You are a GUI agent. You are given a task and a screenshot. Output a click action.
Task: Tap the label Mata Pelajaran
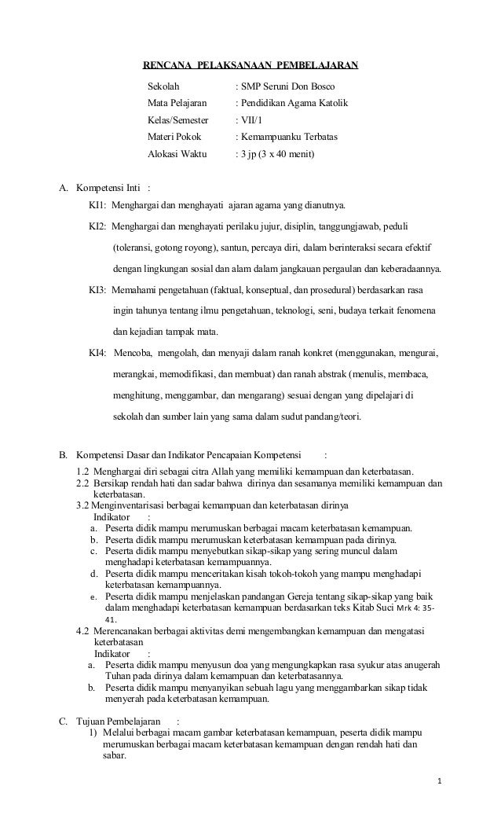(x=177, y=103)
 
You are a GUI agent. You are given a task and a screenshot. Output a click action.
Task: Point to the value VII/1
(x=253, y=120)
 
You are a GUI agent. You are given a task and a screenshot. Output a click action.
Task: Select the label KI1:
(x=97, y=207)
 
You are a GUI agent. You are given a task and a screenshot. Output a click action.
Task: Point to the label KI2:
(x=97, y=227)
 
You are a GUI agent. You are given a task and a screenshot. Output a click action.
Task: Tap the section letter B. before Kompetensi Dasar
(x=64, y=453)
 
